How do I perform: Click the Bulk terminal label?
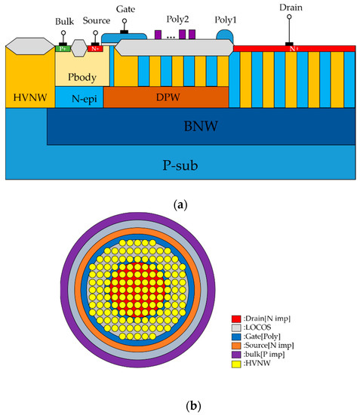pos(65,22)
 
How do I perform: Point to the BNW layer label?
pos(199,127)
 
